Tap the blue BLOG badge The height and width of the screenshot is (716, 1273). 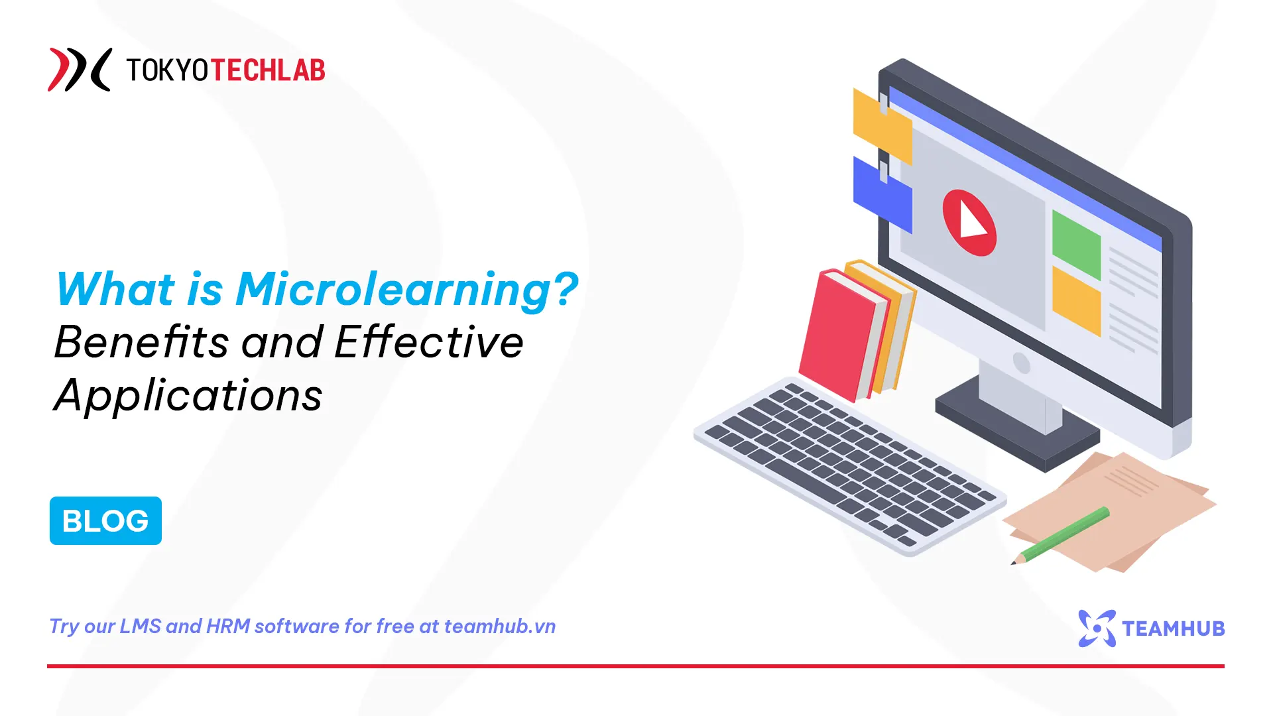pyautogui.click(x=105, y=520)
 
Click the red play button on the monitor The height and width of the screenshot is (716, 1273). pyautogui.click(x=969, y=223)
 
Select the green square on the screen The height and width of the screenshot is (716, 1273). pyautogui.click(x=1076, y=245)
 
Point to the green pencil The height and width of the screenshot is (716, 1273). pyautogui.click(x=1061, y=535)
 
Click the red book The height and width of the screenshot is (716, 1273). pyautogui.click(x=840, y=335)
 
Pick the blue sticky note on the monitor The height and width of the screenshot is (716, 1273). pyautogui.click(x=881, y=195)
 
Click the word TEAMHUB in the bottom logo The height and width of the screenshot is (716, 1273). pyautogui.click(x=1173, y=628)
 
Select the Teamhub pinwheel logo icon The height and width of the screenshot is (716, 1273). pyautogui.click(x=1097, y=628)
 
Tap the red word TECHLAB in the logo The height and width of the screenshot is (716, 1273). pyautogui.click(x=268, y=70)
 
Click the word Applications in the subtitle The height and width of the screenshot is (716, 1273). pyautogui.click(x=188, y=396)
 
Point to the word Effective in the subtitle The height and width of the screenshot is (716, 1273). pyautogui.click(x=429, y=343)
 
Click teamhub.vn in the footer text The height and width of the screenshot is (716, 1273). pyautogui.click(x=499, y=626)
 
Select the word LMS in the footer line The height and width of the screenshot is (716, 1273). pyautogui.click(x=140, y=626)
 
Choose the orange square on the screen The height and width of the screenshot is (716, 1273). pyautogui.click(x=1076, y=300)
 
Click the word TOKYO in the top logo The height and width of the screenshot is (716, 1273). pyautogui.click(x=168, y=70)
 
